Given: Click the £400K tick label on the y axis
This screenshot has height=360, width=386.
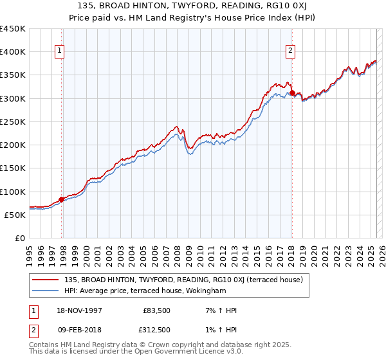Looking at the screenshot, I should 13,52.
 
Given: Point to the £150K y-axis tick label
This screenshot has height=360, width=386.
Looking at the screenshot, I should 13,168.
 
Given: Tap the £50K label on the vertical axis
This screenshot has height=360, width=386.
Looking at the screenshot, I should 15,215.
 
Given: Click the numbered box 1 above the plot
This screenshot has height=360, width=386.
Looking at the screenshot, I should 59,51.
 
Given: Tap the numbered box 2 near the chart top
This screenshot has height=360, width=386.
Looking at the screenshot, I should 290,51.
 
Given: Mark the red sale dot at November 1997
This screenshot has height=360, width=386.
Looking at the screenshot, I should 62,199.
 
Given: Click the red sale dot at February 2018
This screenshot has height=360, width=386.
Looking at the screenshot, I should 292,93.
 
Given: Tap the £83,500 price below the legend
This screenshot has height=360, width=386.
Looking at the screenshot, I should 155,311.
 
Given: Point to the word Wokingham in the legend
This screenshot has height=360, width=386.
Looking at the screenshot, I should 226,291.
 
